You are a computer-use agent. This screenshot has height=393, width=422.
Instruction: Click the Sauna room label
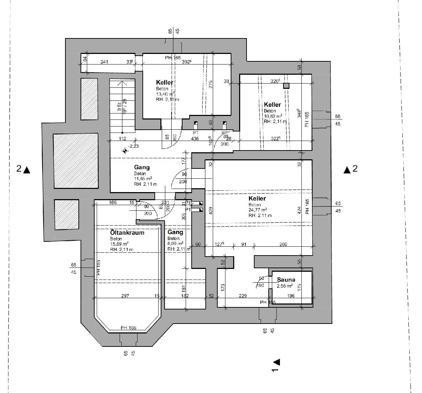pos(286,280)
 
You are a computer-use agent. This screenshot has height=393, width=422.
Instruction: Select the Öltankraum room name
pos(127,233)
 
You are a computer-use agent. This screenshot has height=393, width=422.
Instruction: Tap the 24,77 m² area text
pos(258,210)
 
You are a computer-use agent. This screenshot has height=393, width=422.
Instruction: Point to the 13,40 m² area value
pos(166,94)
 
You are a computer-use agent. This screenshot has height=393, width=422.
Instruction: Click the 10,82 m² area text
pos(273,116)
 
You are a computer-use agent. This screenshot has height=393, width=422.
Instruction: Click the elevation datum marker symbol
pos(125,151)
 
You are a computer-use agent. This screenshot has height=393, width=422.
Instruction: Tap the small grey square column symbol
pos(286,86)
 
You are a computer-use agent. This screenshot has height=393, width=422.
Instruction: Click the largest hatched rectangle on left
pos(76,161)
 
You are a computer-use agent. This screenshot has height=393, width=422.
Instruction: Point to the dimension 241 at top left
pos(104,62)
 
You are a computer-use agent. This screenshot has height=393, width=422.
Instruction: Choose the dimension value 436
pos(195,139)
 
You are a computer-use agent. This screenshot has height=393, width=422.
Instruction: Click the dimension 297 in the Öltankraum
pos(125,296)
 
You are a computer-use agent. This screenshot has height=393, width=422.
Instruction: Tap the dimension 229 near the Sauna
pos(243,296)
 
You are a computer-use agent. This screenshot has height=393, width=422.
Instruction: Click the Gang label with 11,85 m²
pos(142,167)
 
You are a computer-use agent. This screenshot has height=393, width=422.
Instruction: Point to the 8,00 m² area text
pos(175,244)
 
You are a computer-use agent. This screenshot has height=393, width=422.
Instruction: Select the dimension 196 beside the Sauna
pos(291,296)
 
